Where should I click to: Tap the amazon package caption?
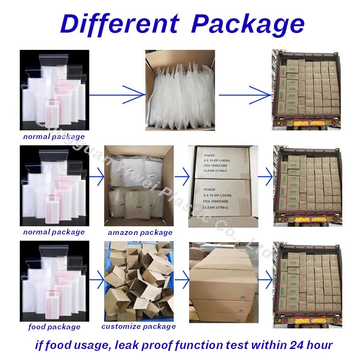(x=140, y=233)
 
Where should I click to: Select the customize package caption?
(x=139, y=326)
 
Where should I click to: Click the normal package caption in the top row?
(x=54, y=137)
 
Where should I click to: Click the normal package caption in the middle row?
(x=54, y=232)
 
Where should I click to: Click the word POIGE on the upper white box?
(x=210, y=154)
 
